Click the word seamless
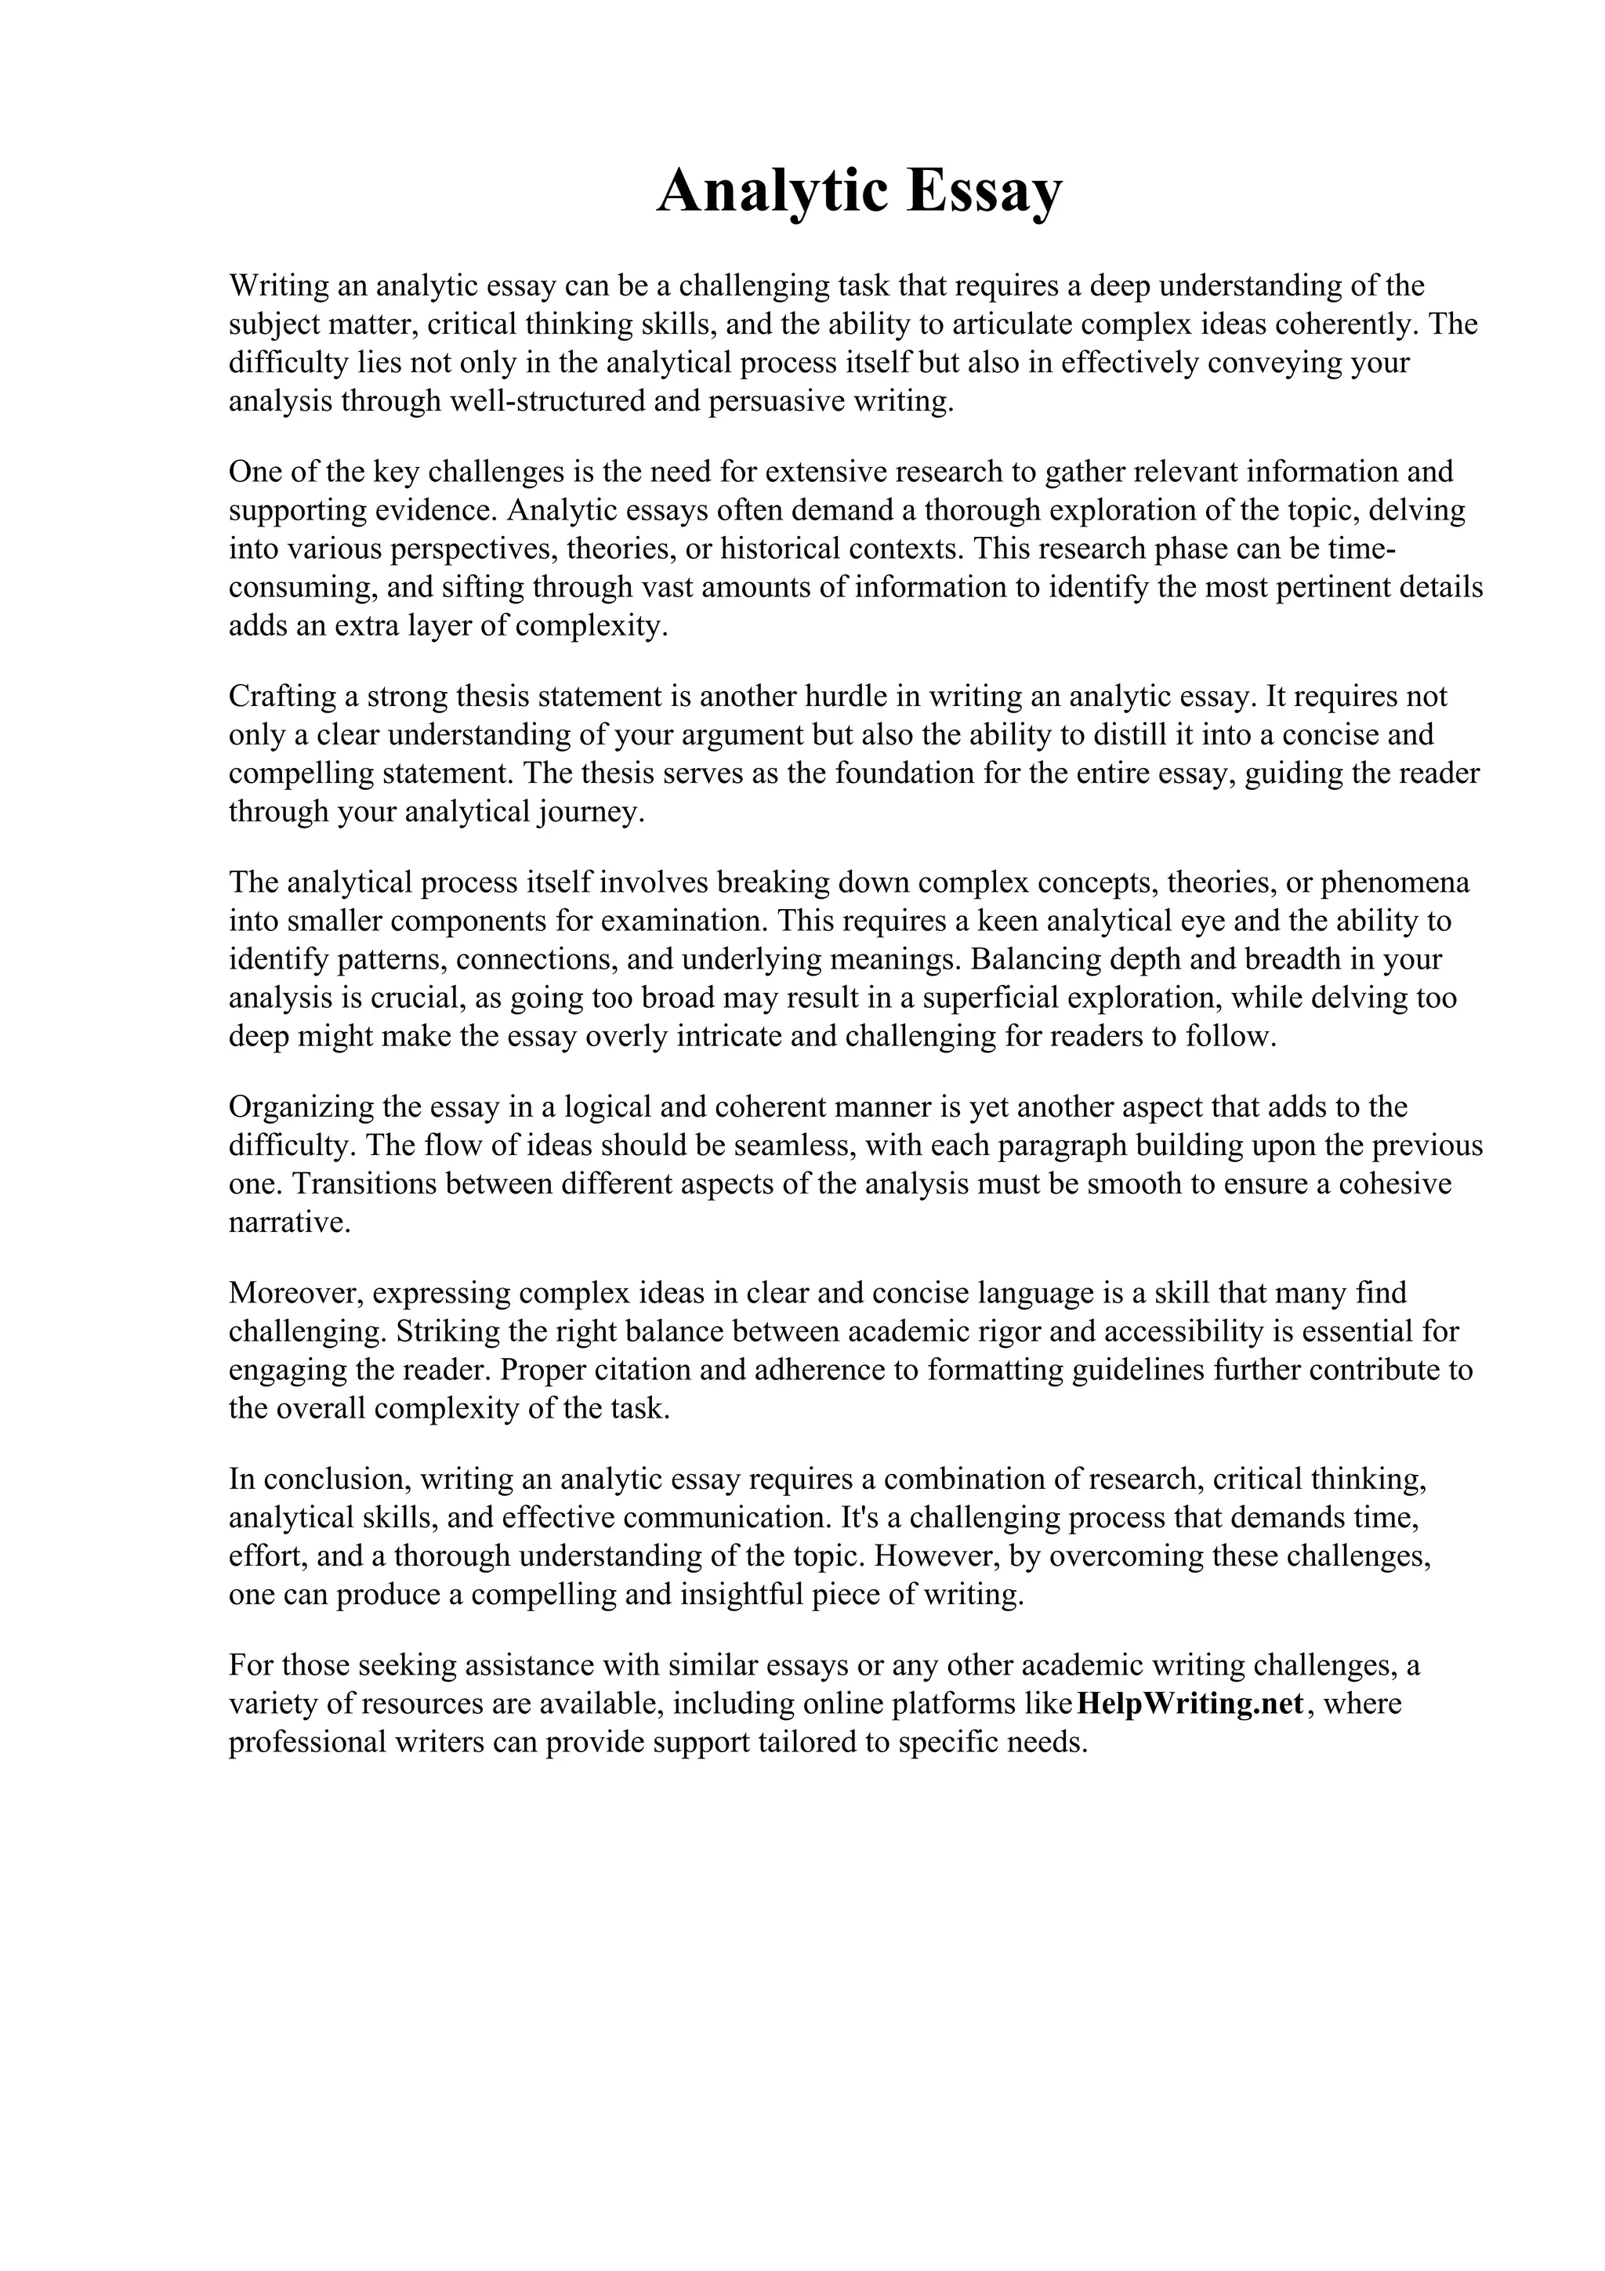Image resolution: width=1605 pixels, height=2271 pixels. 790,1146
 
